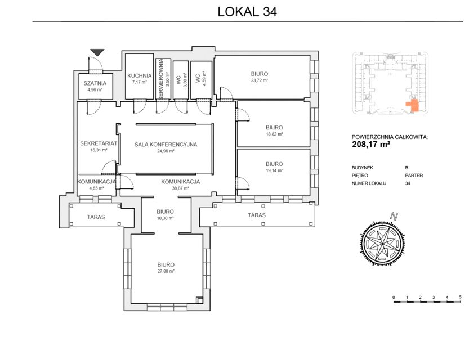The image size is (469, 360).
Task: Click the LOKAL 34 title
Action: click(247, 12)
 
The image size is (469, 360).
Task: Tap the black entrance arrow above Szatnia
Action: click(97, 52)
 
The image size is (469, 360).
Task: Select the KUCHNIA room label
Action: click(140, 75)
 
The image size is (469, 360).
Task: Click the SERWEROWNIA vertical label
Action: click(160, 79)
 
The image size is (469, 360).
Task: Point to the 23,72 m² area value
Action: click(260, 80)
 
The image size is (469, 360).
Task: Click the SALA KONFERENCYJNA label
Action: click(166, 145)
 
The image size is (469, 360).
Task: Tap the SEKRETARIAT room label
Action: click(99, 143)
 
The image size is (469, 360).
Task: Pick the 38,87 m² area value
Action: click(181, 188)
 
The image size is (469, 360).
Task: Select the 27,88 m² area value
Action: click(166, 271)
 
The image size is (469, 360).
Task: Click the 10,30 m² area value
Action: click(166, 218)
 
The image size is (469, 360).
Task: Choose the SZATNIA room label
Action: click(95, 83)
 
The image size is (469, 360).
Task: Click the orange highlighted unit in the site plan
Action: click(413, 105)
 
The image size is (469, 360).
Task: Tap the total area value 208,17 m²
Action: click(371, 145)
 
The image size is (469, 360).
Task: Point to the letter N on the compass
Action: click(395, 216)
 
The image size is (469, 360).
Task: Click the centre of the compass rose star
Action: click(382, 242)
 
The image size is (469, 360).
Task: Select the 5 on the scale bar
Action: click(460, 297)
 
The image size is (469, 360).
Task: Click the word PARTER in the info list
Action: click(414, 175)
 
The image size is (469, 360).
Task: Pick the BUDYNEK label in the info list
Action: click(362, 168)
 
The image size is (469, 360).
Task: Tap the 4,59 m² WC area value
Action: click(204, 78)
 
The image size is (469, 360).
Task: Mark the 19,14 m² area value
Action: click(274, 170)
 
